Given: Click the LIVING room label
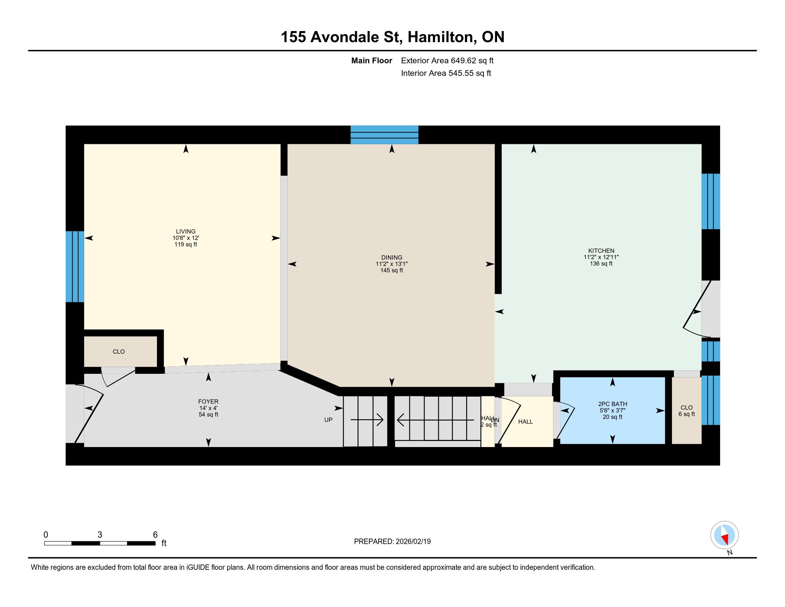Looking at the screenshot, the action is point(186,231).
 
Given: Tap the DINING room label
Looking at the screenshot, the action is point(391,257).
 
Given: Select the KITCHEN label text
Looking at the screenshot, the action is point(601,251).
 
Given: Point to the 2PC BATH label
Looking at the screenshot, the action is point(612,404).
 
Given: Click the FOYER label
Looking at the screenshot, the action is point(208,402).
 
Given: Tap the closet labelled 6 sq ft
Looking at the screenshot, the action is point(687,410).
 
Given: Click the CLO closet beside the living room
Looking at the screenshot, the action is point(120,351).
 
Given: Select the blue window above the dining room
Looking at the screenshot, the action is point(384,135).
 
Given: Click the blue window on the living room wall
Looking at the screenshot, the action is point(75,266).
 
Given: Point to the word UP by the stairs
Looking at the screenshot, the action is point(328,420).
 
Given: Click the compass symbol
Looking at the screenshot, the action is point(724,535).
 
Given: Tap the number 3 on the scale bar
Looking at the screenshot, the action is point(100,535).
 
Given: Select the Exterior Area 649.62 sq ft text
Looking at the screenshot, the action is point(447,60).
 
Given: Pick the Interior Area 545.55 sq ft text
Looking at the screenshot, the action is point(446,73).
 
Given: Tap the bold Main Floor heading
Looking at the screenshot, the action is point(371,61).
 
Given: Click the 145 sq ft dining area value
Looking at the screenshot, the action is point(391,270).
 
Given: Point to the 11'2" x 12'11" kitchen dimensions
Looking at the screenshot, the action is point(601,257).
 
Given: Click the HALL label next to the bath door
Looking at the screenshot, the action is point(525,421).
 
